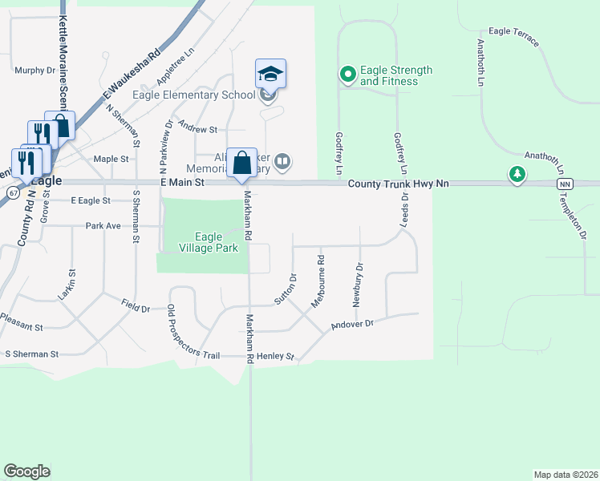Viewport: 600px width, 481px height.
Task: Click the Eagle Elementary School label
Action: tap(195, 95)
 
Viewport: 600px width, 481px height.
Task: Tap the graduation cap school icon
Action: tap(270, 75)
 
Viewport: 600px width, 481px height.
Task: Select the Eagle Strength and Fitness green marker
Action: tap(347, 75)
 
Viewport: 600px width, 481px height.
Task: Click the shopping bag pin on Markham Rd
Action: tap(241, 164)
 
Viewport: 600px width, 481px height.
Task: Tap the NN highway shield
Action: tap(565, 184)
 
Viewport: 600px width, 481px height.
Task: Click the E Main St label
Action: tap(183, 184)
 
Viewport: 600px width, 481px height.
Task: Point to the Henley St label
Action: tap(275, 356)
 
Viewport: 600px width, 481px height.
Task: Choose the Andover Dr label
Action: tap(352, 325)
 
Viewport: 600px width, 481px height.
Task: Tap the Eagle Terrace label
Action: tap(513, 37)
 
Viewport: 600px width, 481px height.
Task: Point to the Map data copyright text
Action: tap(565, 475)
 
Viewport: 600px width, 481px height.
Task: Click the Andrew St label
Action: tap(198, 128)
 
